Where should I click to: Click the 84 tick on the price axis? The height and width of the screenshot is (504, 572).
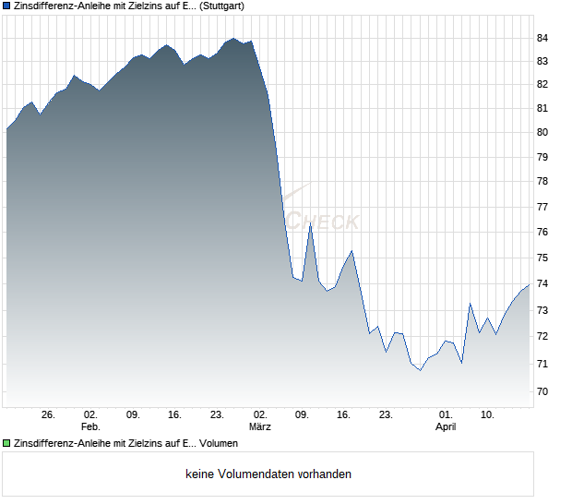542,38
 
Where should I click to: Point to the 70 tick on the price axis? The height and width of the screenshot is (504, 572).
542,391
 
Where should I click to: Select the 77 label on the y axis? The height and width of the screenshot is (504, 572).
542,209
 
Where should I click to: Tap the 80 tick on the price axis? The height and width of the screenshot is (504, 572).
542,132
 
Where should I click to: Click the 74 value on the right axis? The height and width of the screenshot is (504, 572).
542,283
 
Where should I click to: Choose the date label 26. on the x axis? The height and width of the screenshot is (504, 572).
49,414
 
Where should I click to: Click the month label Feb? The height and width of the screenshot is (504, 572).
90,426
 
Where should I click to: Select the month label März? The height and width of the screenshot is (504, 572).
260,426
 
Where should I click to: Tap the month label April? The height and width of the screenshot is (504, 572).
446,426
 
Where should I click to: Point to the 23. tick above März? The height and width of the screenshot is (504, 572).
218,414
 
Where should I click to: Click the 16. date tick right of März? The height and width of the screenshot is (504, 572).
344,414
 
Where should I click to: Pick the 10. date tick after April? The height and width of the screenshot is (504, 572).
488,414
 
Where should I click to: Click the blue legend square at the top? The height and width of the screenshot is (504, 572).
6,6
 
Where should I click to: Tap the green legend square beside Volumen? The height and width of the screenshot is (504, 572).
6,444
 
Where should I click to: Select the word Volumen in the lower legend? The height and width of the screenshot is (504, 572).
218,444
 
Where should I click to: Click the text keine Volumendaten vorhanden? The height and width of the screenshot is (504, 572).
268,474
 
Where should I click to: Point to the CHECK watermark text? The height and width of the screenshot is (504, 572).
323,222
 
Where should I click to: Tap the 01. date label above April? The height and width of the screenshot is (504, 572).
446,414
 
